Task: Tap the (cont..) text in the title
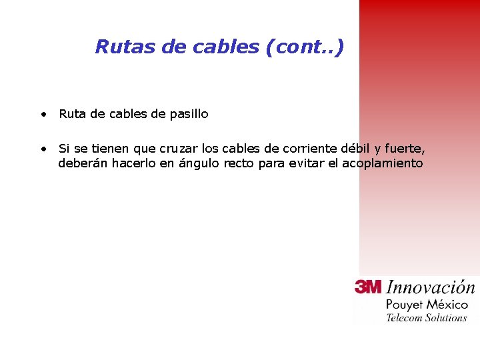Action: (305, 47)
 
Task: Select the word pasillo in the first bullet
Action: (189, 114)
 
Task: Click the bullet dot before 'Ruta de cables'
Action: (43, 114)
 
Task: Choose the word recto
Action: (239, 163)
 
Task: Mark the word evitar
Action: (307, 163)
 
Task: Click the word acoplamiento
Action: (383, 164)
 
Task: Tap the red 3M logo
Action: (368, 287)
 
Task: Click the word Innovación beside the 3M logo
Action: (431, 287)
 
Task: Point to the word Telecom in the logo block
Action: (405, 317)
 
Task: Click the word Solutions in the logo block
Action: (446, 317)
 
